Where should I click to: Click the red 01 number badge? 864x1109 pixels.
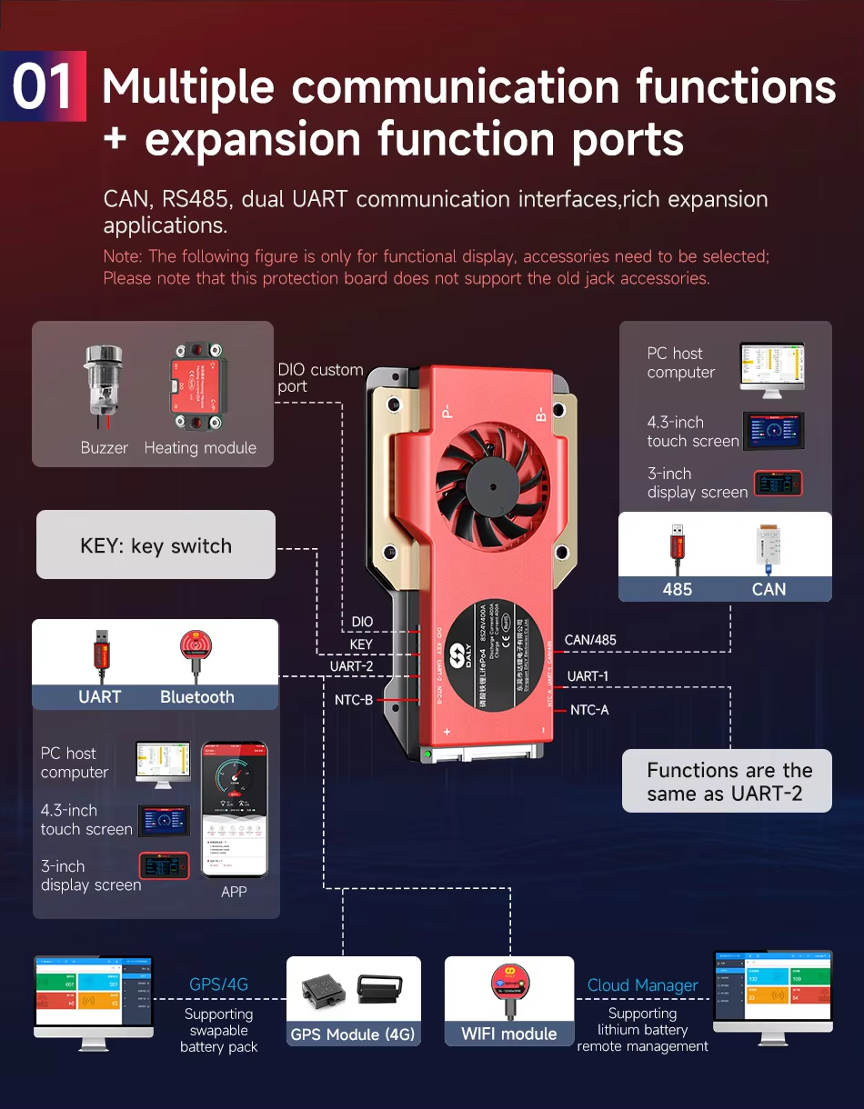[x=44, y=87]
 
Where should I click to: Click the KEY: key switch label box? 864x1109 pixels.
[x=156, y=545]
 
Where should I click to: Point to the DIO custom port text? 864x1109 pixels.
[x=319, y=378]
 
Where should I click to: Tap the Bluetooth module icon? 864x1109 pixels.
[x=196, y=652]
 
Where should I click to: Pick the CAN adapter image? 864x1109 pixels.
[x=768, y=550]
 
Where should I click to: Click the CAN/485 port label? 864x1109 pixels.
[x=590, y=640]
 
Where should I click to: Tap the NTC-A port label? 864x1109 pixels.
[x=589, y=710]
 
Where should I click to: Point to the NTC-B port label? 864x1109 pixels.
[x=354, y=700]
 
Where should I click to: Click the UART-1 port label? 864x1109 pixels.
[x=588, y=676]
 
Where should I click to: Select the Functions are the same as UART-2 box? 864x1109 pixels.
[x=728, y=782]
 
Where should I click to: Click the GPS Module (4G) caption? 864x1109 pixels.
[x=353, y=1034]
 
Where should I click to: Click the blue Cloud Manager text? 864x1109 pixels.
[x=642, y=985]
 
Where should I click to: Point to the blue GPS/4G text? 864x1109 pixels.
[x=218, y=984]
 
